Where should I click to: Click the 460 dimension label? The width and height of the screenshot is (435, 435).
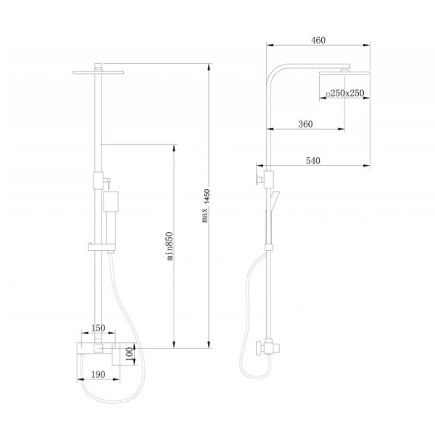pyautogui.click(x=318, y=41)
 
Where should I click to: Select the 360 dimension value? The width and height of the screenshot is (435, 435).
pyautogui.click(x=305, y=124)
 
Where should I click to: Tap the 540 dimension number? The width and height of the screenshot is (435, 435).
pyautogui.click(x=313, y=161)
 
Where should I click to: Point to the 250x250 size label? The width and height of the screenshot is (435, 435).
pyautogui.click(x=347, y=94)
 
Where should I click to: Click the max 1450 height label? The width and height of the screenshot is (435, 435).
pyautogui.click(x=206, y=206)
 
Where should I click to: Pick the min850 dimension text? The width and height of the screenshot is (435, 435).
pyautogui.click(x=170, y=246)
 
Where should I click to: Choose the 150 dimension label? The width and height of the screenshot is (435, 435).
pyautogui.click(x=98, y=328)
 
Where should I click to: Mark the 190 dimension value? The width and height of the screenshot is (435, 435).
pyautogui.click(x=98, y=375)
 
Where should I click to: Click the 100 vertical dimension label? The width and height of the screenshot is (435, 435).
pyautogui.click(x=130, y=354)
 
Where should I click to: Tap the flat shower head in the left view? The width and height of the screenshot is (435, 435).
pyautogui.click(x=98, y=72)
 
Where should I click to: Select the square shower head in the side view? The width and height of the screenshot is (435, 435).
pyautogui.click(x=345, y=73)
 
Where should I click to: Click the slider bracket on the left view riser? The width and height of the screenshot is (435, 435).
pyautogui.click(x=101, y=247)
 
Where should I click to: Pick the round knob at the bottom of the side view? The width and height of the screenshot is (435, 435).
pyautogui.click(x=260, y=348)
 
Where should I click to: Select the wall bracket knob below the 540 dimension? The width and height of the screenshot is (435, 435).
pyautogui.click(x=259, y=180)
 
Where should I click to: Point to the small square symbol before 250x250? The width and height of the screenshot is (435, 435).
pyautogui.click(x=328, y=94)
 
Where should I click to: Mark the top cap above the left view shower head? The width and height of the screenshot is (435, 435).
pyautogui.click(x=98, y=67)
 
